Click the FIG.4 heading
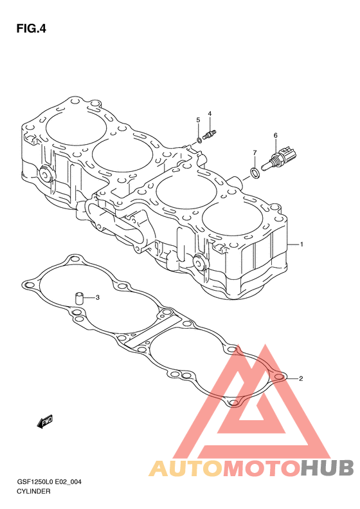31,29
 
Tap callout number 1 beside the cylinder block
301,244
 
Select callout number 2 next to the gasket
301,378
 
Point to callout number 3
97,297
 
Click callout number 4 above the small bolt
210,114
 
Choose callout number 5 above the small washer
198,120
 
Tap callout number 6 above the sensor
275,135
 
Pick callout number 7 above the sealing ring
255,153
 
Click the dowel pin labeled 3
79,298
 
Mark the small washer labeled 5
199,140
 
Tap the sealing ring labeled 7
255,172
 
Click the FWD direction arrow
45,421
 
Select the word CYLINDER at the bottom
33,492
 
